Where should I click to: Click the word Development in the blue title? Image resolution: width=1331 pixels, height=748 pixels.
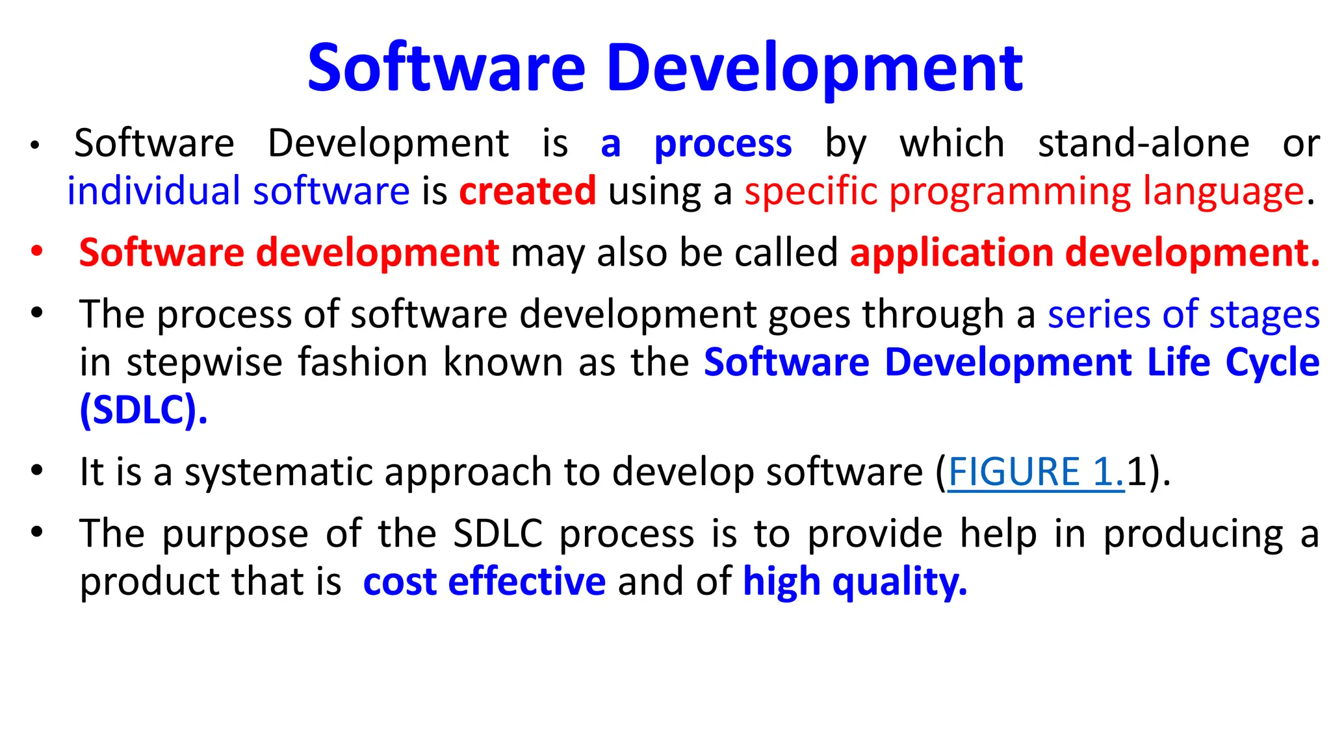(815, 68)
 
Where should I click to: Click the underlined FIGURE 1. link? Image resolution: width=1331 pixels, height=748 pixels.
(1035, 472)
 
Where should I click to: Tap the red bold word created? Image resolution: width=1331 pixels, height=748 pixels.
(527, 192)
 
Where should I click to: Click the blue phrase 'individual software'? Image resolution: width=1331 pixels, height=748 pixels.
(238, 192)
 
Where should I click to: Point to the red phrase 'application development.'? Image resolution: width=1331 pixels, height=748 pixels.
(1084, 253)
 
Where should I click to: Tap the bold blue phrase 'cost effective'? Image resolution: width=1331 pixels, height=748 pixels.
(484, 581)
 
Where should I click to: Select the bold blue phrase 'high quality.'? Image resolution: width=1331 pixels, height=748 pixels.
(855, 581)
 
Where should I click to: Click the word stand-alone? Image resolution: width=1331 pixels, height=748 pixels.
(1143, 143)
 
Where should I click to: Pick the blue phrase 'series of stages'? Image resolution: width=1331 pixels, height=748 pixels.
(1183, 315)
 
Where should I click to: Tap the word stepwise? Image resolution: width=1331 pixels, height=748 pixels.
(204, 362)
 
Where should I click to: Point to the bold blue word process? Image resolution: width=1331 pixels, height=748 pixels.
(723, 143)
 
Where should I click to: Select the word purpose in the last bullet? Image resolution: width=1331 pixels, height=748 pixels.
(235, 534)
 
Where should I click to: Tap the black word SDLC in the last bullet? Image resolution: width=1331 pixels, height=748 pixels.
(497, 534)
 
